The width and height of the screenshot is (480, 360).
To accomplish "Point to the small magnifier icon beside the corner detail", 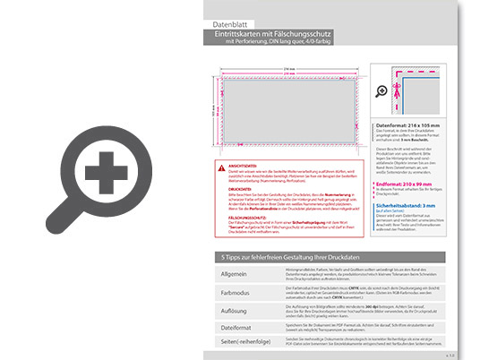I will (x=383, y=91).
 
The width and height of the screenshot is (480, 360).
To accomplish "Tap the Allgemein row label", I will (x=234, y=273).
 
